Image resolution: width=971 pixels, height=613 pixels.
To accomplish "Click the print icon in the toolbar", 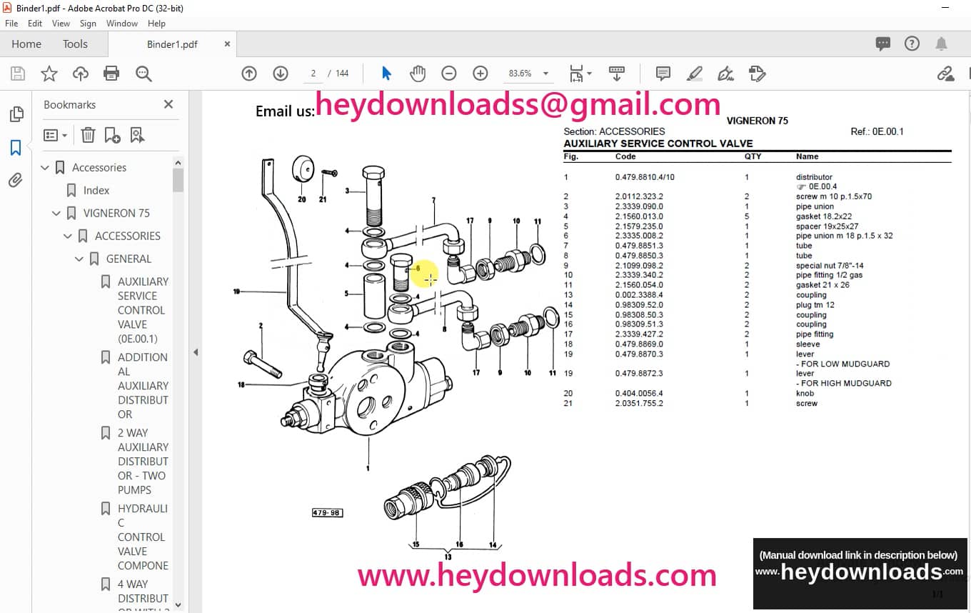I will point(111,74).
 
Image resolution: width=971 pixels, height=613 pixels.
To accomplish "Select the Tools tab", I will point(75,44).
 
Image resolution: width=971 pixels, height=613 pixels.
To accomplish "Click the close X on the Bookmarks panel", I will point(168,104).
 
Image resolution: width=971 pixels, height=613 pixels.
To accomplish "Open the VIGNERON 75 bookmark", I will point(116,213).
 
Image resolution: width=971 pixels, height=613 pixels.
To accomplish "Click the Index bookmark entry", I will point(96,190).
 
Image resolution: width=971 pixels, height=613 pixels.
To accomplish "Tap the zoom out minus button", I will point(448,74).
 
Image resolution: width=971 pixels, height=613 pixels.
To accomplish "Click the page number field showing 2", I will point(313,74).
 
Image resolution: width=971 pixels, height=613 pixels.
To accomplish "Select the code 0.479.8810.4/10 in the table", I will point(644,177).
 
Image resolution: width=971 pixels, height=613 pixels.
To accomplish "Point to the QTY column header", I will point(753,156).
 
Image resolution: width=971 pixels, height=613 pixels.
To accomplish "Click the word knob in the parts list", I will point(805,394).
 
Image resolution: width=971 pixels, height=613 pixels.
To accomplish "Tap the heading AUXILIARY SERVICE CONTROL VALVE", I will point(658,144).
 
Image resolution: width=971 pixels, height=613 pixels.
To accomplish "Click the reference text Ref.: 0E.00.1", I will point(877,131).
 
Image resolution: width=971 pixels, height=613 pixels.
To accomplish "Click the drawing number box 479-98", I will point(326,512).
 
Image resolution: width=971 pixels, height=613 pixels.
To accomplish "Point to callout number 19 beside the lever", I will point(236,291).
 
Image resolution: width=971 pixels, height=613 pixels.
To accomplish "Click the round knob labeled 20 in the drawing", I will point(303,170).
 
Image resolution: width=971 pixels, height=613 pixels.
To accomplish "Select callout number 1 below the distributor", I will point(368,469).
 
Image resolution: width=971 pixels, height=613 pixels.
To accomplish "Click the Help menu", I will point(156,24).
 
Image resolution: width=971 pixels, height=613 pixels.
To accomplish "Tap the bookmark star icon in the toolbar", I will point(49,74).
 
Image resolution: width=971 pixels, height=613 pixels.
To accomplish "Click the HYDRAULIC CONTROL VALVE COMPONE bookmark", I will point(143,537).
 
